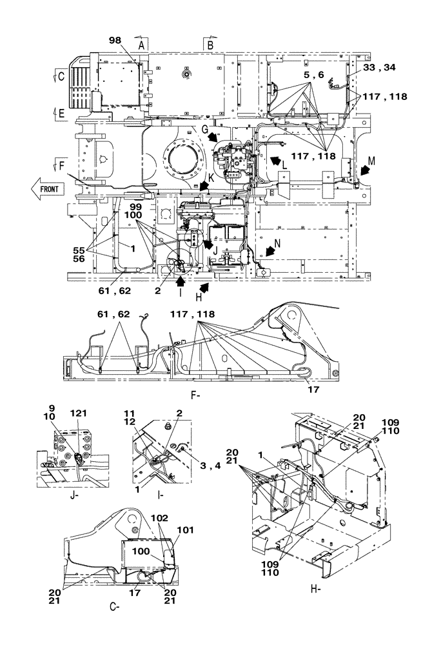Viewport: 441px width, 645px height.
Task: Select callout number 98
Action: [115, 40]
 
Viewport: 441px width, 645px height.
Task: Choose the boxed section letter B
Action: [210, 44]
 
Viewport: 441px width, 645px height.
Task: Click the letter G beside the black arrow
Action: [204, 130]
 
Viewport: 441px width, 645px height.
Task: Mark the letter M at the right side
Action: [371, 161]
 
